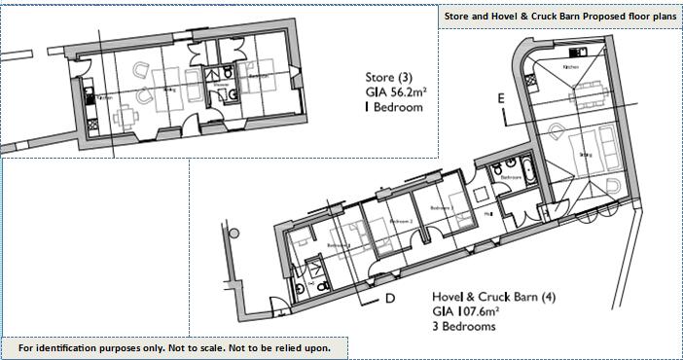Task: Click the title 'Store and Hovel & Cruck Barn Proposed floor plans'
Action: click(559, 17)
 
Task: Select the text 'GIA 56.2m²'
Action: click(396, 92)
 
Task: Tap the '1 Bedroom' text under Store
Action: click(393, 108)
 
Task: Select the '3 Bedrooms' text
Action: click(464, 328)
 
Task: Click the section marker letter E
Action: click(502, 98)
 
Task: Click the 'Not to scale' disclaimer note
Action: click(174, 347)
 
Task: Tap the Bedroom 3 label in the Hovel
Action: click(440, 207)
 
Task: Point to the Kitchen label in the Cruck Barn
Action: click(571, 67)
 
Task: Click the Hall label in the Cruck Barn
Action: click(486, 212)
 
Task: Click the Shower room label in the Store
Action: click(220, 84)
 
